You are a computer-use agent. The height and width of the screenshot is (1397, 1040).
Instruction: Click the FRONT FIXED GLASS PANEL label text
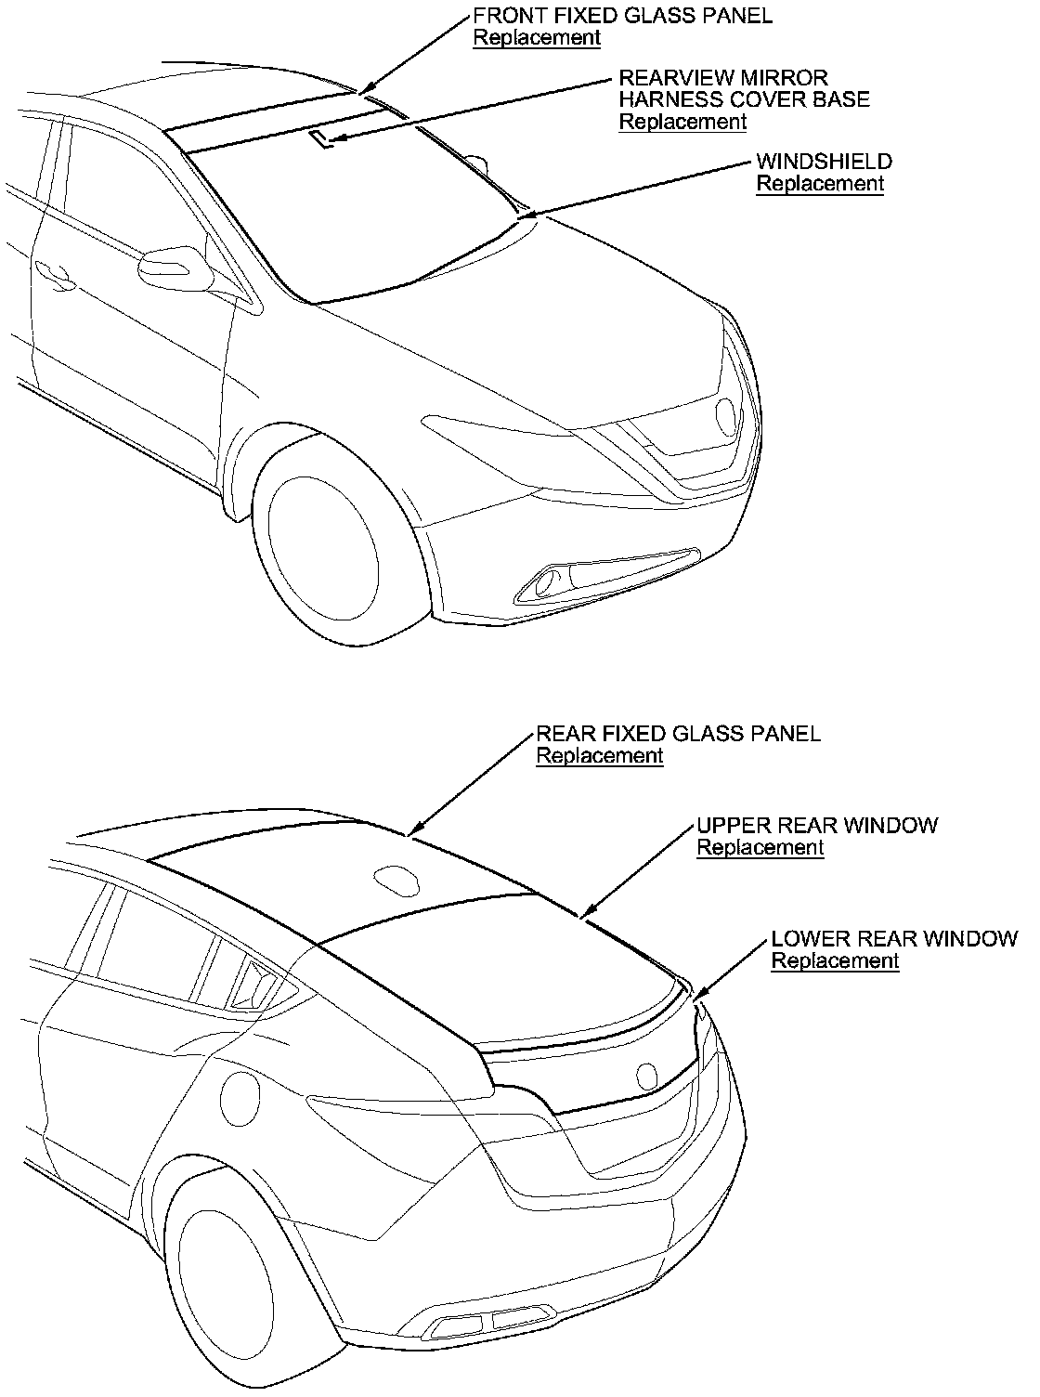tap(622, 16)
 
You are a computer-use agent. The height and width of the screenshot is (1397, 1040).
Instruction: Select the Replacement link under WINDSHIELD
tap(820, 184)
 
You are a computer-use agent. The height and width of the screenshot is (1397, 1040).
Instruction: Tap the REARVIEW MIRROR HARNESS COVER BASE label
tap(744, 88)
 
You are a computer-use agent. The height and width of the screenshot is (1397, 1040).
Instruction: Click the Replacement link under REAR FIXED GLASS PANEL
tap(600, 756)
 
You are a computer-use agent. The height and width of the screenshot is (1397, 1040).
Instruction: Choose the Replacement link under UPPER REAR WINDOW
tap(760, 848)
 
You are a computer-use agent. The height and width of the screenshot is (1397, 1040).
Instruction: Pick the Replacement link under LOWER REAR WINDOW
tap(835, 961)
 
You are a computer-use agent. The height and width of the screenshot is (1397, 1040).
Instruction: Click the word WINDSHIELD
tap(824, 162)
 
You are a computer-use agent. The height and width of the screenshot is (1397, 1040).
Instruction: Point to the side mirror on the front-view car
tap(173, 266)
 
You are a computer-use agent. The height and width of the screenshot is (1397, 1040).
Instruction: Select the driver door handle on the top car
tap(54, 274)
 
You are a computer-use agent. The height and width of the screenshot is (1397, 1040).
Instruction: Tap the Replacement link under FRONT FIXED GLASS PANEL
tap(537, 38)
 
